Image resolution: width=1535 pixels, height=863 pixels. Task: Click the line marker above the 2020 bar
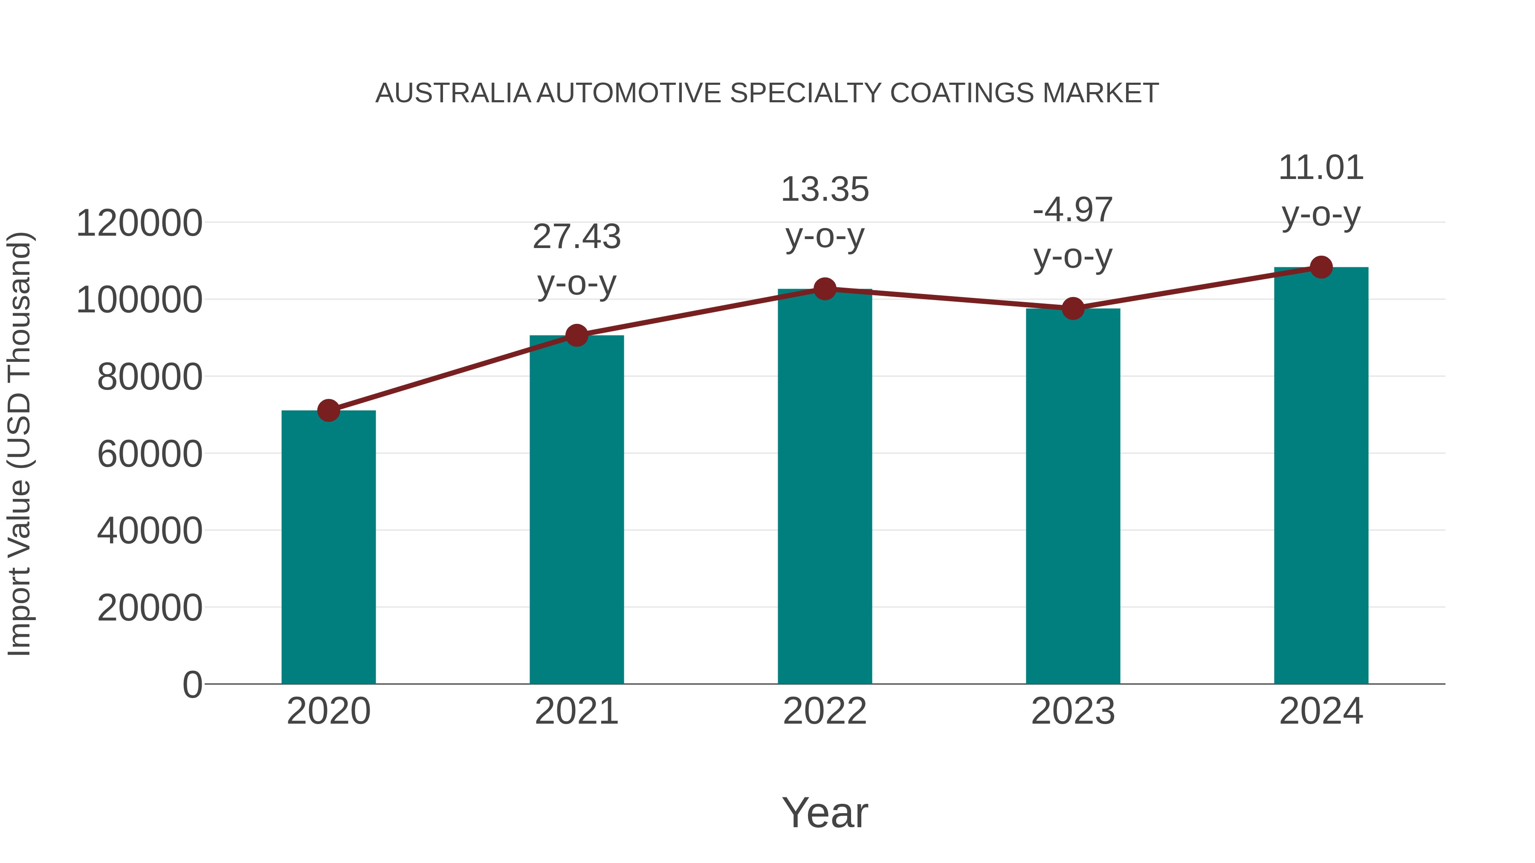[328, 410]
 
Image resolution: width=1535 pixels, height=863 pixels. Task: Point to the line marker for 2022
[825, 289]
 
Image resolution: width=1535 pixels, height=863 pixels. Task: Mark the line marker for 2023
[1073, 309]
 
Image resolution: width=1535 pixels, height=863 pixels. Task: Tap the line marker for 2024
[1321, 267]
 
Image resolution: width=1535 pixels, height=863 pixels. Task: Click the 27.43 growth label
[576, 237]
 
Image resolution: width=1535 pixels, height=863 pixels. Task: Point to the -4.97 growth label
[1073, 210]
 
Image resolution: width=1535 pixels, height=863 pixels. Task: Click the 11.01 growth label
[1321, 167]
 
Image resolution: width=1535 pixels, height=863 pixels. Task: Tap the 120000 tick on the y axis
[139, 223]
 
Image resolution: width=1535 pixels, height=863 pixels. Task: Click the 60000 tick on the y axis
[150, 454]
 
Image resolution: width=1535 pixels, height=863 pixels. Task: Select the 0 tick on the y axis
[192, 684]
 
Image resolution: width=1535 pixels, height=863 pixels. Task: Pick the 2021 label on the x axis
[576, 711]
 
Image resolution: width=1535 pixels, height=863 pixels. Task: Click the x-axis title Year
[825, 812]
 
